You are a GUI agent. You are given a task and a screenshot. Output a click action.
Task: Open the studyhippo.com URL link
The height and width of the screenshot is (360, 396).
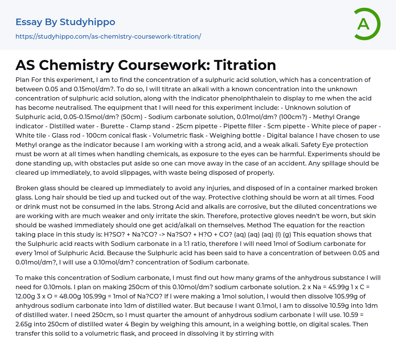click(108, 37)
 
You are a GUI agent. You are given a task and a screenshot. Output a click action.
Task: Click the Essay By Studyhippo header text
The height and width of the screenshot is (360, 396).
click(65, 22)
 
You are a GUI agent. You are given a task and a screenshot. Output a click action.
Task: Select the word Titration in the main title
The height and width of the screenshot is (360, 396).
click(245, 65)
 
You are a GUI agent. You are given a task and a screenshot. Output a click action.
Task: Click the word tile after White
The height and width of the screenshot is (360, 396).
click(41, 135)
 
